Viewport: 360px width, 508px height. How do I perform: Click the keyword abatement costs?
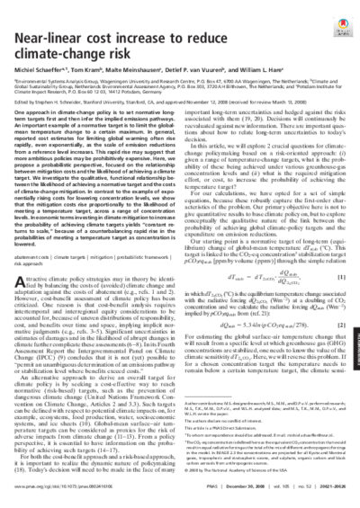click(x=37, y=281)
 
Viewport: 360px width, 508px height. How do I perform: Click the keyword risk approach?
click(x=35, y=289)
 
